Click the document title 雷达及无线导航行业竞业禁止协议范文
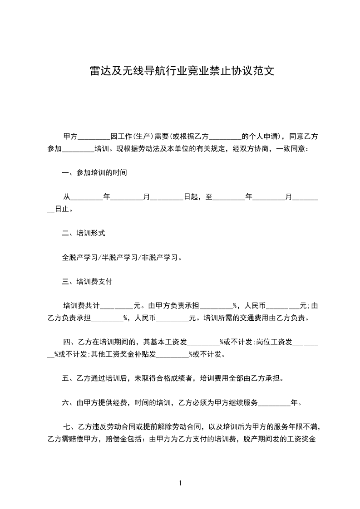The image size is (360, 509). [x=182, y=71]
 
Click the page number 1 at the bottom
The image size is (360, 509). [x=180, y=483]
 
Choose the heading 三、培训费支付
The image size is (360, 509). [x=87, y=281]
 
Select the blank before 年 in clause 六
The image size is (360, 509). [x=274, y=402]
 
